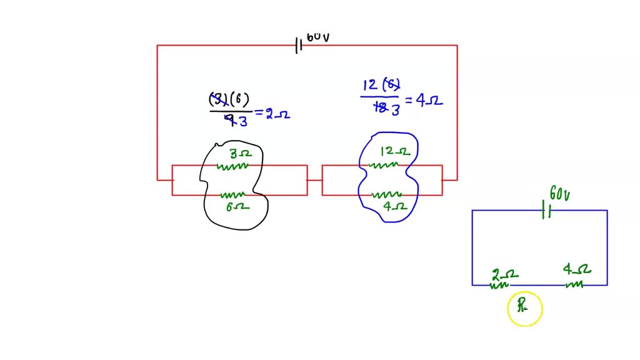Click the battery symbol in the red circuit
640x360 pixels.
[299, 45]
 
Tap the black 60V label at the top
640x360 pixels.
[317, 37]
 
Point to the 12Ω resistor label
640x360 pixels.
[394, 151]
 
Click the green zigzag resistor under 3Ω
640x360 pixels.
[232, 166]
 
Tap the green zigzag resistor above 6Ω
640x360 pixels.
[232, 195]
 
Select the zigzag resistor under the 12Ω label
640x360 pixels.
[382, 165]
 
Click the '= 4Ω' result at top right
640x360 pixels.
[424, 100]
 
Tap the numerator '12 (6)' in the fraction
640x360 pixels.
[381, 84]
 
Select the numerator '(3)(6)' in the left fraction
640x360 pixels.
[229, 99]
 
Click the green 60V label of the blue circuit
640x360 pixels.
[559, 194]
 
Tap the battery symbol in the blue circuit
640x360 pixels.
[546, 211]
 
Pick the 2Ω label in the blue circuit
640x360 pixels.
[504, 274]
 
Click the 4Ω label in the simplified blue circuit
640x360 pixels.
[576, 270]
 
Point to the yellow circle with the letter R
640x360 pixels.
[524, 309]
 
